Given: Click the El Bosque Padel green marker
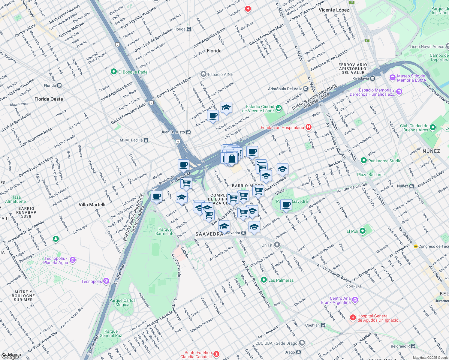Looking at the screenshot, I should tap(113, 72).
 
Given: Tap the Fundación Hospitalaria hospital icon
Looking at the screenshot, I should tap(308, 127).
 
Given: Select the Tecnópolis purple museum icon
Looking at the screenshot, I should tap(106, 281).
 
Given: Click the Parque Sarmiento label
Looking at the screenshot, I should tap(165, 231).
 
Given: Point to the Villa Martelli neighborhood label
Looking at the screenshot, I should tap(92, 205).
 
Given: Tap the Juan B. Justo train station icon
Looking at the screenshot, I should tap(188, 132).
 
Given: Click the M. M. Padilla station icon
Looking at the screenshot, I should tap(146, 140).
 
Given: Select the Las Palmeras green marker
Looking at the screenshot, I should tap(264, 280).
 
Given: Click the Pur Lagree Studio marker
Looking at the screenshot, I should tap(364, 161).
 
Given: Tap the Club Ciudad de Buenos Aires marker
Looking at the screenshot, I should tap(432, 127).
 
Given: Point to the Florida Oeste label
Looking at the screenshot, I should tap(49, 99).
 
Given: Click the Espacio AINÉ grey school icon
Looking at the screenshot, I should tap(203, 74).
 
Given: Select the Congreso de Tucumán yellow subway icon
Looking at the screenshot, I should tap(416, 246).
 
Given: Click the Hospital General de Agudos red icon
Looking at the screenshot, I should tap(353, 317).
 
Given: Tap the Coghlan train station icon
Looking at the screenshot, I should tap(323, 325).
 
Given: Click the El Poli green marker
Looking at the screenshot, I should tap(363, 231).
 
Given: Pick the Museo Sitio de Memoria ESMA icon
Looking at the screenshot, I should tap(393, 78).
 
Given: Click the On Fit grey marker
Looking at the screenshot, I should tap(277, 245).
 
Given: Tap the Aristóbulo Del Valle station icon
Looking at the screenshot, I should tap(306, 89).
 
